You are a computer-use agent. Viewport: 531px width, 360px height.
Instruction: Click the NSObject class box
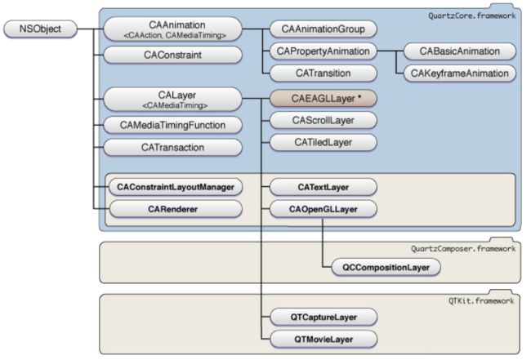[40, 29]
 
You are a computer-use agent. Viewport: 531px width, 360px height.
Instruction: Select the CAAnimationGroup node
[323, 29]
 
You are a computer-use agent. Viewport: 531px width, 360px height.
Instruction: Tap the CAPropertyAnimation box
[323, 51]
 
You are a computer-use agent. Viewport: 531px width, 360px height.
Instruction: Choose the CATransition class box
[323, 73]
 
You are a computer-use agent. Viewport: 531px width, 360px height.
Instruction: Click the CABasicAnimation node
[460, 51]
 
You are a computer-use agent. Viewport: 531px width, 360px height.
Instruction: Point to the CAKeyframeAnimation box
[460, 73]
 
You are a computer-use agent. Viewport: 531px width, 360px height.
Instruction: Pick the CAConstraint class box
[172, 55]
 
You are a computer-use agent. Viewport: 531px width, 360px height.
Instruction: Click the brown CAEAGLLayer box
[323, 99]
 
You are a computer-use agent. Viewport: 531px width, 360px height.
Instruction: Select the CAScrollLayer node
[323, 121]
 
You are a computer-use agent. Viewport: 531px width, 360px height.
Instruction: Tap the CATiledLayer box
[323, 142]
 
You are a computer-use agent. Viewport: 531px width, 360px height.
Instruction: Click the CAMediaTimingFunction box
[172, 125]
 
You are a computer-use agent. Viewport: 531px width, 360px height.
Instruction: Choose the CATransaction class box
[172, 148]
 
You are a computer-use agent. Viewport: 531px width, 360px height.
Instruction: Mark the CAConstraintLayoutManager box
[176, 187]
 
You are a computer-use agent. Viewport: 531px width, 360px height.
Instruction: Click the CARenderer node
[176, 209]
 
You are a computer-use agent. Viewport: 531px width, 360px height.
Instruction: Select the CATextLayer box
[323, 187]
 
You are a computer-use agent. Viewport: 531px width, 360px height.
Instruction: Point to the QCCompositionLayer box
[386, 267]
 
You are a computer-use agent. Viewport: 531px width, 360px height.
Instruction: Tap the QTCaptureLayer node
[324, 318]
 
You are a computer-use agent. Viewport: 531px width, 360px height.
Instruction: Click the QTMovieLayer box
[324, 340]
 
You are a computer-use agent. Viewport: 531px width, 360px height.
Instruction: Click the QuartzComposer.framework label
[463, 249]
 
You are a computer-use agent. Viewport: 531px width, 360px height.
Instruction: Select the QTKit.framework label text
[481, 300]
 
